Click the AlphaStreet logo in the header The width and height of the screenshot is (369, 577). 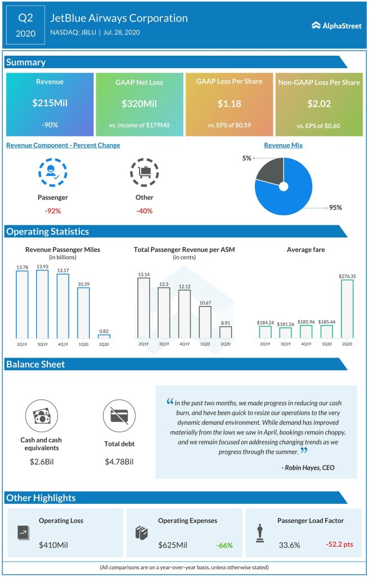[336, 25]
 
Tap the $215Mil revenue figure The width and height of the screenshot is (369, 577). [49, 104]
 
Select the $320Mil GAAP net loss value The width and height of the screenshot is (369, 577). [139, 104]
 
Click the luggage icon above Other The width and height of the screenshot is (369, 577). [144, 172]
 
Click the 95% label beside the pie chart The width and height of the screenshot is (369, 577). [335, 207]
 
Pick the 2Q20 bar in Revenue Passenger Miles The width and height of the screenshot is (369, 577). [104, 336]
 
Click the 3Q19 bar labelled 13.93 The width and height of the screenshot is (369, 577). [43, 304]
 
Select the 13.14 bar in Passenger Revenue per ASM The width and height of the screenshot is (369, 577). [144, 308]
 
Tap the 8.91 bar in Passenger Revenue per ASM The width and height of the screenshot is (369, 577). [225, 332]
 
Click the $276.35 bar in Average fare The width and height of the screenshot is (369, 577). [347, 309]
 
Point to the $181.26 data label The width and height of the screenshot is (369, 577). [286, 324]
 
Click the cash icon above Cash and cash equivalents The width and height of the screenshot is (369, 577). [41, 416]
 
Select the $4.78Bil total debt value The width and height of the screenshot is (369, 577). [119, 462]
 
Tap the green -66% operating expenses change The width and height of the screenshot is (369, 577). [223, 545]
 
